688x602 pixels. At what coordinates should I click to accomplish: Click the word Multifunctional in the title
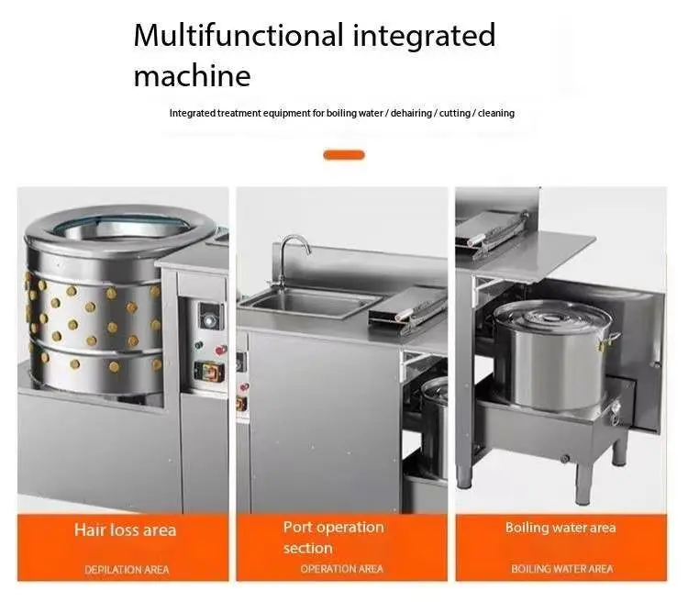coord(238,37)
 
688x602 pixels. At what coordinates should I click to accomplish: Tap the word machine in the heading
coord(192,74)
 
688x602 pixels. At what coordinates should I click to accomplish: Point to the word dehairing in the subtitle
coord(414,113)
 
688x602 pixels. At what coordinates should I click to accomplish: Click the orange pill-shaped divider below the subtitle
coord(344,155)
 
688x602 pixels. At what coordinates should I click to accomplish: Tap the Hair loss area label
coord(125,530)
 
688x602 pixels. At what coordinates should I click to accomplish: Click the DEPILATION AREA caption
coord(127,569)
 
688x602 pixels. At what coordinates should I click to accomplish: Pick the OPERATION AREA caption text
coord(341,569)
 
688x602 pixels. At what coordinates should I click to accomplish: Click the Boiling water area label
coord(560,528)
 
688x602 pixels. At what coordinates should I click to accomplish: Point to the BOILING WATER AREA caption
coord(561,569)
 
